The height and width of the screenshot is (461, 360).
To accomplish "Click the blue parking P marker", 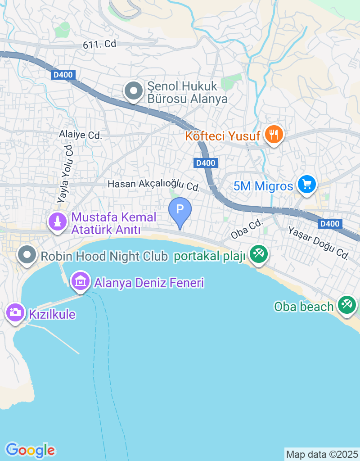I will tap(180, 210).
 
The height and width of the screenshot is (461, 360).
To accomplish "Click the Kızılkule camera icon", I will tap(15, 312).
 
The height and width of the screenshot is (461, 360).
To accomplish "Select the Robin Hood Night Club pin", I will tap(27, 255).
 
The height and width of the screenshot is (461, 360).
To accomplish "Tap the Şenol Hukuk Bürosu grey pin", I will tap(133, 91).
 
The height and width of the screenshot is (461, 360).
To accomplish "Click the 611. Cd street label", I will tap(99, 44).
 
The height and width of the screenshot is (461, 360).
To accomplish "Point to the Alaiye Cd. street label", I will tap(81, 135).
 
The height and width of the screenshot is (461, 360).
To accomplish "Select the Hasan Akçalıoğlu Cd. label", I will tap(153, 185).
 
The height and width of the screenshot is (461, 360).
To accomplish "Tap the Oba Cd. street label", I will tap(246, 229).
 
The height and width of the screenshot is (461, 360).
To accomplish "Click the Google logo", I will tap(30, 450).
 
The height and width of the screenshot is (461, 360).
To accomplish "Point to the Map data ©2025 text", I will tap(322, 454).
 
